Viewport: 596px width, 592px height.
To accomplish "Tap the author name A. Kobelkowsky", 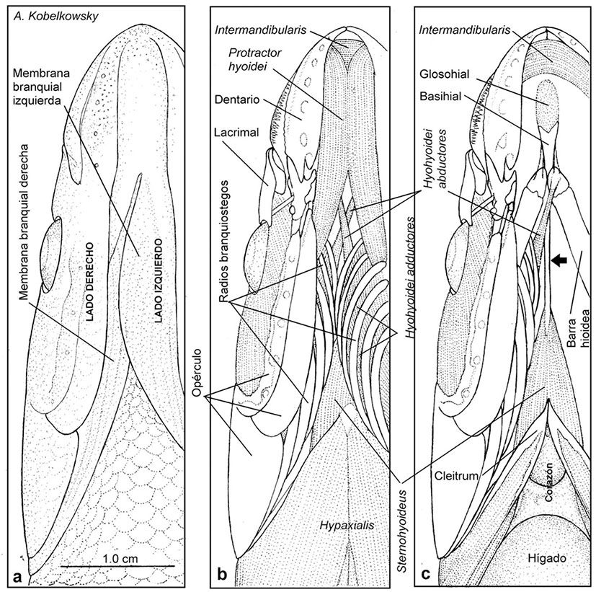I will click(48, 16).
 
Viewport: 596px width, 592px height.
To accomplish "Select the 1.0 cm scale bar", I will click(117, 565).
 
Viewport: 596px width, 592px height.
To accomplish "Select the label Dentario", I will click(235, 96).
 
